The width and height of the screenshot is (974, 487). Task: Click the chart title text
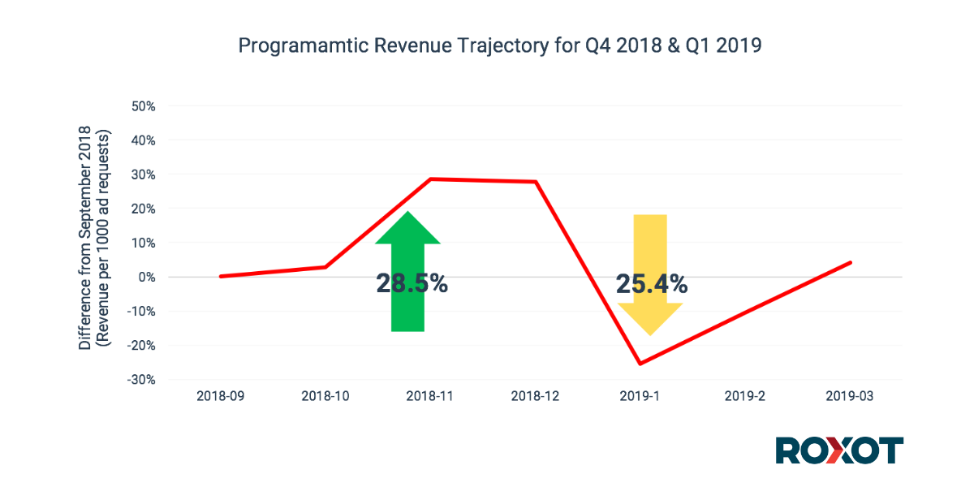499,46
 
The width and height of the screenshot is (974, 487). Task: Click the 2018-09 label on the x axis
220,396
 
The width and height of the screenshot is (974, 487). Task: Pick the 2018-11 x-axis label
430,396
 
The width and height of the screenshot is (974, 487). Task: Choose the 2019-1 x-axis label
640,396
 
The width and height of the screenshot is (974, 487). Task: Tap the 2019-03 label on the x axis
850,396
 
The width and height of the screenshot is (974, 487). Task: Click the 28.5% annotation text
412,283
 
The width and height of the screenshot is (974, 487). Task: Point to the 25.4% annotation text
651,283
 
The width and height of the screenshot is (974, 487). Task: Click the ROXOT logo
838,450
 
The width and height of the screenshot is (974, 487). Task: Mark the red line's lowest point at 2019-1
640,364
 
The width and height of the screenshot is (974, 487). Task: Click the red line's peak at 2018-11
430,179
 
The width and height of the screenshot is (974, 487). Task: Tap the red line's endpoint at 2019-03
851,262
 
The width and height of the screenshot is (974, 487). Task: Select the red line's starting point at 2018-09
221,276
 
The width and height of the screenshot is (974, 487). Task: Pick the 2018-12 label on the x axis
535,396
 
